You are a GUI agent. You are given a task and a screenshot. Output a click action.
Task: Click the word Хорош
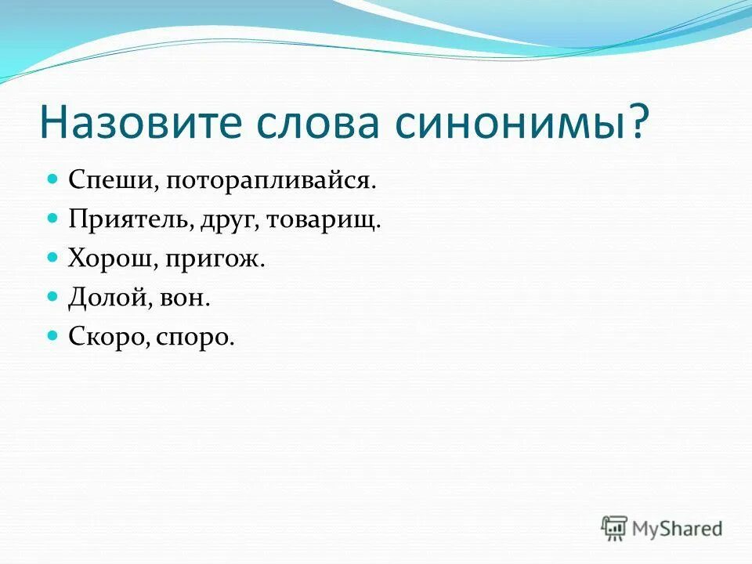112,258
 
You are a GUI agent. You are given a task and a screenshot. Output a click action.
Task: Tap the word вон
190,298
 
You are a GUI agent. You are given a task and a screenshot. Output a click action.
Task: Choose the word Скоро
109,338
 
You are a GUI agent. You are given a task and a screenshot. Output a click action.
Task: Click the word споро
194,338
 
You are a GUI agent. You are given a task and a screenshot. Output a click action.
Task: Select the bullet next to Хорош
53,257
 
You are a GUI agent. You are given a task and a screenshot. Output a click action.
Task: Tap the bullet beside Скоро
53,335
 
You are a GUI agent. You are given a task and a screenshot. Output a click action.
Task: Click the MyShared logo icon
614,528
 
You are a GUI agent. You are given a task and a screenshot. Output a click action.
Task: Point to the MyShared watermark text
678,530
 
